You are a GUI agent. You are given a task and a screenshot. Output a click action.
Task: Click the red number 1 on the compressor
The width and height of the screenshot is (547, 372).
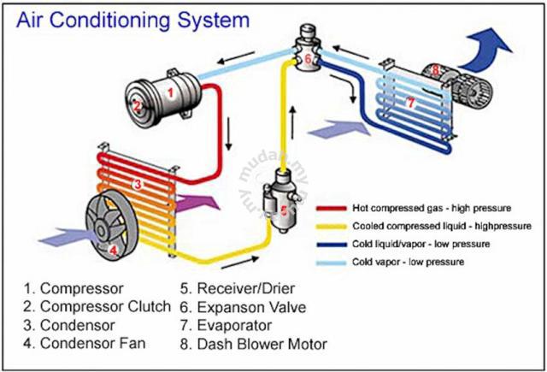[x=170, y=93]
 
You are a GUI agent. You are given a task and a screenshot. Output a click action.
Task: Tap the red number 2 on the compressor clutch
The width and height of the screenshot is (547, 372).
[x=137, y=106]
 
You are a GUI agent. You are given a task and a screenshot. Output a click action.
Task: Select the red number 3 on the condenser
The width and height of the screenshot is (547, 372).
[x=138, y=184]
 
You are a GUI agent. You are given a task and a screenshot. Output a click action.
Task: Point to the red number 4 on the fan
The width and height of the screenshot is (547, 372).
[x=113, y=250]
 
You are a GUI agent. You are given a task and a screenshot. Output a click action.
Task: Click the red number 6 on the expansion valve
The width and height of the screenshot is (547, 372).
[x=308, y=59]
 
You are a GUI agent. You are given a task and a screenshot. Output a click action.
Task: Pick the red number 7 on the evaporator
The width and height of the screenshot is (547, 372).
[x=411, y=103]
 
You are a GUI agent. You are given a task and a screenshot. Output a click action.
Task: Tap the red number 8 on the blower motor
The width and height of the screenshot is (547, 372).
[x=435, y=70]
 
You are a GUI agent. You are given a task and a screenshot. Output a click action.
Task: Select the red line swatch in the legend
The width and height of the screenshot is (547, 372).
[x=332, y=209]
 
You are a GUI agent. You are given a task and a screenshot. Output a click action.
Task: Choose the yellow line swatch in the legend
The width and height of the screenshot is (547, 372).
[x=332, y=227]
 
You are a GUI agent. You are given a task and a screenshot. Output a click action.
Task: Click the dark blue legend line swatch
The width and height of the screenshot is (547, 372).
[x=332, y=245]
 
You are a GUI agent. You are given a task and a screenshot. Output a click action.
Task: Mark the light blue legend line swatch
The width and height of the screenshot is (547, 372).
[x=332, y=263]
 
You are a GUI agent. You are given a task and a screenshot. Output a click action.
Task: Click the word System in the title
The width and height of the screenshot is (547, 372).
[x=214, y=21]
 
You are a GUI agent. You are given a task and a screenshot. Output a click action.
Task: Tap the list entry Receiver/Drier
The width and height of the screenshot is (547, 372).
[x=238, y=288]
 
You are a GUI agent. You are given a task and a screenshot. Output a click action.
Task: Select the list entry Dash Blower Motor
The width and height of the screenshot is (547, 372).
[x=254, y=344]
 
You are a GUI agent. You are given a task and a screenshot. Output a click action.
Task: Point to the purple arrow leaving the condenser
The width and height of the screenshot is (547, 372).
[x=197, y=203]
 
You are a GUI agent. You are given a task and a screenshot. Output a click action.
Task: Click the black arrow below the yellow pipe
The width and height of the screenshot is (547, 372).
[x=240, y=263]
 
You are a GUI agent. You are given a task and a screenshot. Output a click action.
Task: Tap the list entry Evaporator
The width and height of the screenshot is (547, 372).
[x=226, y=326]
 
